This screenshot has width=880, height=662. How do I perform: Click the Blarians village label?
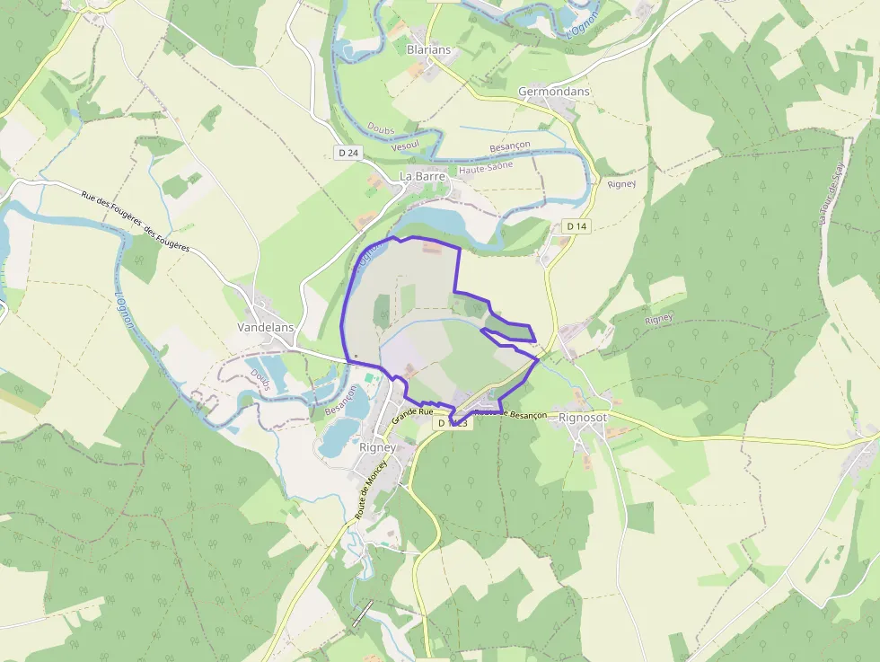[x=428, y=49]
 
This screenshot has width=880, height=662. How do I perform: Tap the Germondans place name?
[x=554, y=92]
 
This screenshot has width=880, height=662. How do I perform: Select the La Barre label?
[x=422, y=177]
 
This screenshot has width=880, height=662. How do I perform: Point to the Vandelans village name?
[x=265, y=328]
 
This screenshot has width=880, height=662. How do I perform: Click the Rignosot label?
[x=583, y=418]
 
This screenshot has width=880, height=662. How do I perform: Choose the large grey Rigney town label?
[x=377, y=447]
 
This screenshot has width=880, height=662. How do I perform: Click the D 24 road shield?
[x=348, y=153]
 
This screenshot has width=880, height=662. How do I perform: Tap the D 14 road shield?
[x=576, y=225]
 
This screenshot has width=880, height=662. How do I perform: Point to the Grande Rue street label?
[x=413, y=416]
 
